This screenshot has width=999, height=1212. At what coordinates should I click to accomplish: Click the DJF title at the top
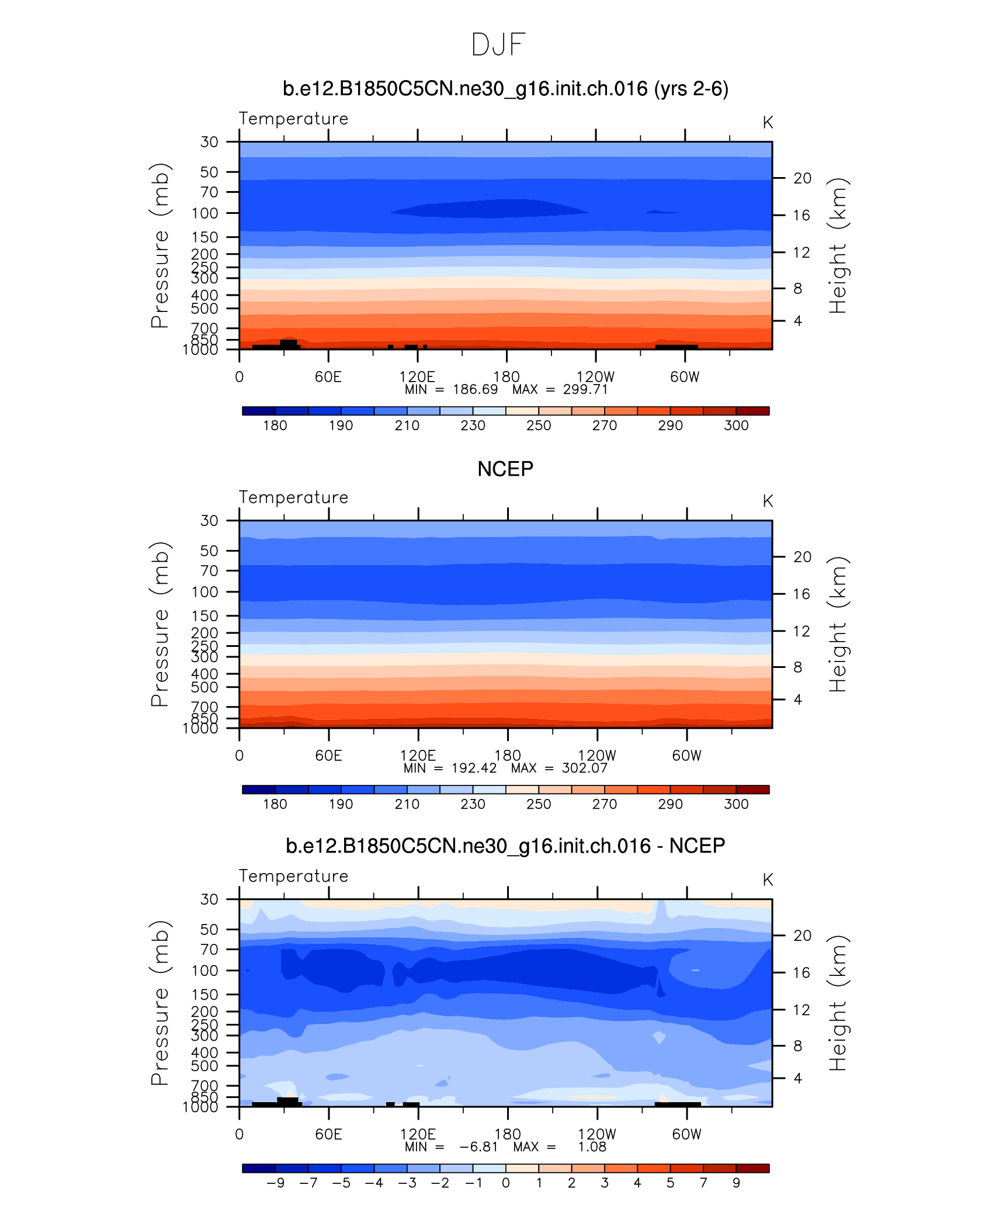pyautogui.click(x=498, y=45)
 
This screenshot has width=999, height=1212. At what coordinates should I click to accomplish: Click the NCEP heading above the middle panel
pyautogui.click(x=505, y=469)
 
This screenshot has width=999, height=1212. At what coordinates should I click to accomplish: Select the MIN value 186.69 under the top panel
pyautogui.click(x=475, y=390)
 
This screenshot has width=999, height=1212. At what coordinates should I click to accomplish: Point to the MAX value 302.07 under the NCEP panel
pyautogui.click(x=585, y=768)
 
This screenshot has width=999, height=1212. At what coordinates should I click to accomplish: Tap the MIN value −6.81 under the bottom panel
pyautogui.click(x=478, y=1147)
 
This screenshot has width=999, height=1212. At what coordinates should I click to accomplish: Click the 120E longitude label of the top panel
pyautogui.click(x=417, y=376)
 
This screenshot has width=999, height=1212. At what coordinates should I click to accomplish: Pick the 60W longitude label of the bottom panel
pyautogui.click(x=686, y=1134)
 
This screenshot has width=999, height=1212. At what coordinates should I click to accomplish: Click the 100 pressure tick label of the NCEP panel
pyautogui.click(x=204, y=592)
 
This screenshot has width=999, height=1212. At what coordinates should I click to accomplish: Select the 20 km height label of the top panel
pyautogui.click(x=802, y=178)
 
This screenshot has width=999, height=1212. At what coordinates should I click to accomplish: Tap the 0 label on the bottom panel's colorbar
pyautogui.click(x=506, y=1183)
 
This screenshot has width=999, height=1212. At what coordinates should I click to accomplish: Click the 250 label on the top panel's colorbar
pyautogui.click(x=539, y=425)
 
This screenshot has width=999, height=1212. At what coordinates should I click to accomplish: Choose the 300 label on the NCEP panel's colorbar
pyautogui.click(x=736, y=804)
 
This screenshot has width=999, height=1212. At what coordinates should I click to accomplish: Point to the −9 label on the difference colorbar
pyautogui.click(x=275, y=1183)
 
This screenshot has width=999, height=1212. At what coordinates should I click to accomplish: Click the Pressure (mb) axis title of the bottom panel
pyautogui.click(x=159, y=1003)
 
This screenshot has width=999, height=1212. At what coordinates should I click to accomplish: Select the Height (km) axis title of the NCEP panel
pyautogui.click(x=838, y=624)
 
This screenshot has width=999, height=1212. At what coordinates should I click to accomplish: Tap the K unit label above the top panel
pyautogui.click(x=768, y=123)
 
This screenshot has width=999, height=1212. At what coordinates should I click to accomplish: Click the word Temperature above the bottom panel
pyautogui.click(x=293, y=876)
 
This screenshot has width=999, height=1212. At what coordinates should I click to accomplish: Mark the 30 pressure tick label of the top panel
pyautogui.click(x=209, y=142)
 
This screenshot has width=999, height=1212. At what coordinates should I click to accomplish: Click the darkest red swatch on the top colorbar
pyautogui.click(x=752, y=411)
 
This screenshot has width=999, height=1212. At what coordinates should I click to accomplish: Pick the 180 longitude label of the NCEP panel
pyautogui.click(x=507, y=755)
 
